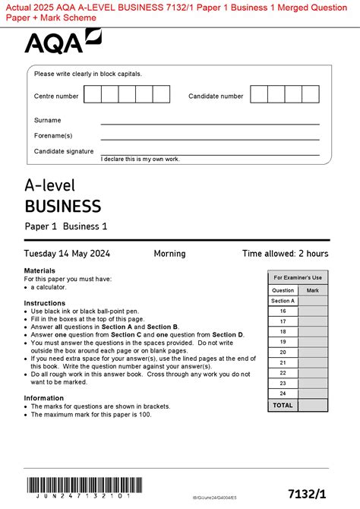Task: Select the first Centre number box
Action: [x=93, y=94]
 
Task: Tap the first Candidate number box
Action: [x=259, y=94]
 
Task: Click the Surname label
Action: [x=48, y=120]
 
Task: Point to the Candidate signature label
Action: [x=64, y=151]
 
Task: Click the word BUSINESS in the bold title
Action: [x=63, y=206]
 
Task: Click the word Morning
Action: [x=169, y=254]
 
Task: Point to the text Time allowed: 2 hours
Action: [x=285, y=254]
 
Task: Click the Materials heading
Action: [x=39, y=270]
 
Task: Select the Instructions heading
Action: [x=45, y=303]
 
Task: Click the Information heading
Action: [x=44, y=398]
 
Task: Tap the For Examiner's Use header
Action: [x=298, y=277]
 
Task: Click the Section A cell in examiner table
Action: [x=283, y=301]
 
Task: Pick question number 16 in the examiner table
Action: [x=283, y=311]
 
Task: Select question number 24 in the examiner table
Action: [x=283, y=394]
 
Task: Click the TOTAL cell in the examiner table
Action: [x=283, y=405]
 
